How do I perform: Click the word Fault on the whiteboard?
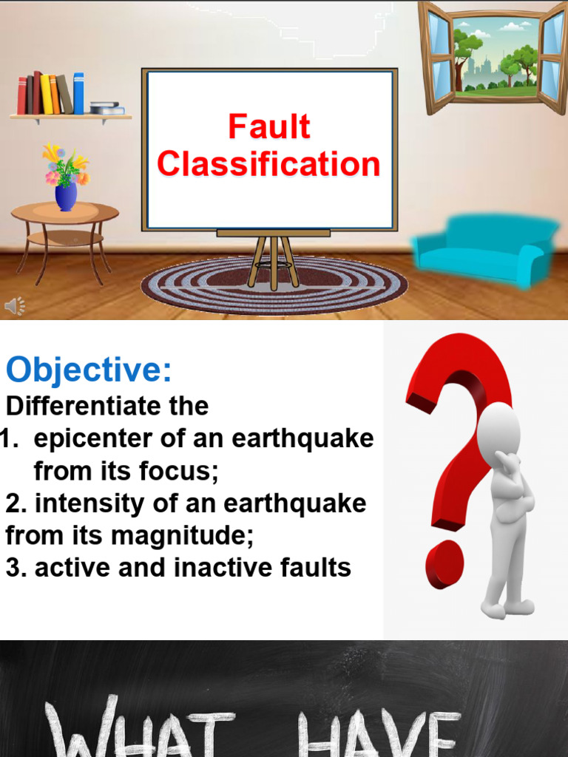coord(269,126)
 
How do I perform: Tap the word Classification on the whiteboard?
coord(268,163)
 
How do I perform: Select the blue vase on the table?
coord(66,197)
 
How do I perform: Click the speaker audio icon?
coord(15,306)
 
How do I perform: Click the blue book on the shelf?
coord(78,93)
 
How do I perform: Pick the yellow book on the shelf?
coord(46,94)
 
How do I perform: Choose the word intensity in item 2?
coord(89,503)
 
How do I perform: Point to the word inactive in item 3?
coord(216,567)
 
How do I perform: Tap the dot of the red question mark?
coord(444,564)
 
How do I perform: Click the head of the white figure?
coord(498,427)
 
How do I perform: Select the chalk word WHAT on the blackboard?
coord(140,727)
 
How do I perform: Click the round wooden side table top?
coord(65,212)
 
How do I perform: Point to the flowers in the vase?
coord(66,165)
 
